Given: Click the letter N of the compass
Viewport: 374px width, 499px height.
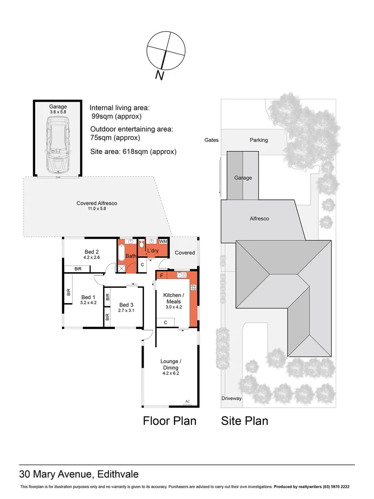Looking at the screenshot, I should (x=160, y=75).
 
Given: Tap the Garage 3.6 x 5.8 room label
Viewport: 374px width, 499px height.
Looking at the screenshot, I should (x=58, y=109).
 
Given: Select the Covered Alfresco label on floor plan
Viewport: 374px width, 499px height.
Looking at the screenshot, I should (x=97, y=206).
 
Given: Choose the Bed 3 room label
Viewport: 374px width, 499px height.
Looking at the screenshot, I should (x=126, y=307).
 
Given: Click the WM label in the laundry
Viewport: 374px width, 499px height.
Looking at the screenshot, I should (x=163, y=242).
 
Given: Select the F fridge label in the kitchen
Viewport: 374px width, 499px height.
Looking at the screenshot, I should (x=161, y=276).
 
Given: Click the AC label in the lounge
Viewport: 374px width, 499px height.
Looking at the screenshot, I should (x=187, y=401).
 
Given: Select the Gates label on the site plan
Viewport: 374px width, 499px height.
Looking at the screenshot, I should (x=212, y=140).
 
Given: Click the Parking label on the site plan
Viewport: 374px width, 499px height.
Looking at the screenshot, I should (x=259, y=140).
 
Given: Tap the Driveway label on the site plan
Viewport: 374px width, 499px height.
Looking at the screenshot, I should (x=231, y=398).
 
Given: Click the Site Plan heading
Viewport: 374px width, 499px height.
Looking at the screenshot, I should (x=244, y=421).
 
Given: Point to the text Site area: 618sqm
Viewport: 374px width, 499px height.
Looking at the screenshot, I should (x=133, y=152).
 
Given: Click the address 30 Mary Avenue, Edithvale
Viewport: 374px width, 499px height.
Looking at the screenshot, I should (x=78, y=474).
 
